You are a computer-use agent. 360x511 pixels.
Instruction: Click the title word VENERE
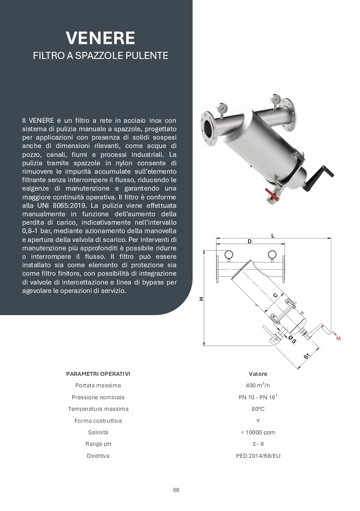pos(100,38)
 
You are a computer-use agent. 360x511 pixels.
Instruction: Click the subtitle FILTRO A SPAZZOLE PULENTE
pos(100,55)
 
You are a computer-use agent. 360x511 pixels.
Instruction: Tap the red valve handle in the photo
pos(270,193)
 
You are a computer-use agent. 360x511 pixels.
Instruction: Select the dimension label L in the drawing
pos(273,235)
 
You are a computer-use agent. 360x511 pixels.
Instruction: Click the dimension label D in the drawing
pos(250,242)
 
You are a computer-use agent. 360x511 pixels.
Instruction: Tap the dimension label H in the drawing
pos(201,299)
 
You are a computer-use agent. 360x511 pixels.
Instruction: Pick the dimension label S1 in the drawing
pos(307,356)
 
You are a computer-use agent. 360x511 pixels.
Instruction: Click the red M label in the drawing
pos(338,339)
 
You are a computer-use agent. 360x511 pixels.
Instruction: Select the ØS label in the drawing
pos(292,339)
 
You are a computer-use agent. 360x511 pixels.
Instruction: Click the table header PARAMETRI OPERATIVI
pos(98,374)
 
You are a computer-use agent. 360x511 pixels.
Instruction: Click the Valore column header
pos(258,374)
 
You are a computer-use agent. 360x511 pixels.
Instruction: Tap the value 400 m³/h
pos(258,385)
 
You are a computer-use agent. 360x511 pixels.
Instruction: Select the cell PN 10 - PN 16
pos(258,397)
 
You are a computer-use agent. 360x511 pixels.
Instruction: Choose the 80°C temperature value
pos(258,409)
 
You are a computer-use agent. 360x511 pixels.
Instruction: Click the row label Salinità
pos(98,432)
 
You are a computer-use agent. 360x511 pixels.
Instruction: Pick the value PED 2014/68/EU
pos(258,456)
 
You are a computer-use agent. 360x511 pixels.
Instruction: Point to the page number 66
pos(176,490)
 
